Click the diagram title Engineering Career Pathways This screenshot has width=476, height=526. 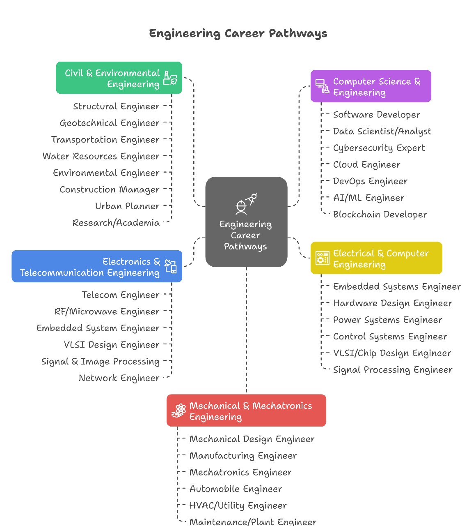[238, 33]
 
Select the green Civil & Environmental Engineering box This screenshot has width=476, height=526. [119, 78]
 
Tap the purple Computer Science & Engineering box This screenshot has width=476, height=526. [371, 86]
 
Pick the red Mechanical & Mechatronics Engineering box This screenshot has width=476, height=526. [246, 411]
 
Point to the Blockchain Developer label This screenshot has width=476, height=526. [380, 215]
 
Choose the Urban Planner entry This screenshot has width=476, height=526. [127, 206]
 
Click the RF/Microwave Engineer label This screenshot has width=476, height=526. [107, 311]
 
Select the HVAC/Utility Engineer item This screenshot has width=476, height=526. [238, 505]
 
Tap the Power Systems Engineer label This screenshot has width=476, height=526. [387, 320]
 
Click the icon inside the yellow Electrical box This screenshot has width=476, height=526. [322, 258]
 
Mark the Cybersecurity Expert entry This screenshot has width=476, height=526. [379, 148]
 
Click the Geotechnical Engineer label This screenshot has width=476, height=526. [110, 123]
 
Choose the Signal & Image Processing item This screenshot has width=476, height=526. [101, 362]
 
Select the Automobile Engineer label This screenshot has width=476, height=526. [236, 489]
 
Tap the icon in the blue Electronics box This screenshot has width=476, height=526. [170, 266]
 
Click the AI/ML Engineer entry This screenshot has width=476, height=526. [368, 198]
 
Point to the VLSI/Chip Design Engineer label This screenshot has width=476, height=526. [392, 353]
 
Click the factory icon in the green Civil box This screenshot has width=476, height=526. [170, 78]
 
